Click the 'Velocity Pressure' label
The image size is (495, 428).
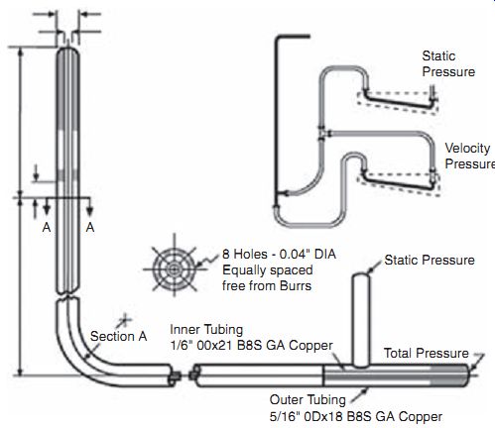[470, 156]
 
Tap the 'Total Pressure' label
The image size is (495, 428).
[427, 353]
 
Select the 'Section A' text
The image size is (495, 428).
[118, 336]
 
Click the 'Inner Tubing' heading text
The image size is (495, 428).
[206, 330]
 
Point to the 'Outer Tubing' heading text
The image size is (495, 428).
[308, 399]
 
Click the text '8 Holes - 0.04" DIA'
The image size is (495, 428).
[279, 254]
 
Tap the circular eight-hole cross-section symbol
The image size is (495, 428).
[175, 268]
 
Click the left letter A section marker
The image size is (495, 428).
[47, 227]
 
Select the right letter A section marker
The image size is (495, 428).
[90, 227]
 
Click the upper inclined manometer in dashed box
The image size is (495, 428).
[398, 100]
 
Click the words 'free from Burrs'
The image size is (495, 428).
[267, 285]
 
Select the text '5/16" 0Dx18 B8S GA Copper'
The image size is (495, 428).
[356, 416]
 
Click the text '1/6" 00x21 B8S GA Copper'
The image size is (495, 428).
[251, 346]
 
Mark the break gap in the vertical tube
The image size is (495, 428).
[67, 296]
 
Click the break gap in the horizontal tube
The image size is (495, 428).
[184, 375]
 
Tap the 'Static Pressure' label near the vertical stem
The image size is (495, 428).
[430, 261]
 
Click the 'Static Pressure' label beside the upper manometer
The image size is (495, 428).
[448, 63]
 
